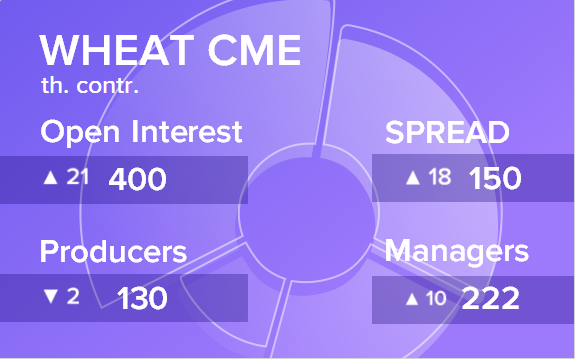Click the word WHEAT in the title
coord(117,50)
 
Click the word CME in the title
coord(255,50)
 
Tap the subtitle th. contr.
coord(90,85)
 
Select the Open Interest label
coord(141,132)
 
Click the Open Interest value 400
coord(137,179)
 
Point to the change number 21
coord(78,177)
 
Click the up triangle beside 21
coord(51,177)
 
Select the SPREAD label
coord(447,132)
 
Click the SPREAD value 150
coord(495,179)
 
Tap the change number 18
coord(440,177)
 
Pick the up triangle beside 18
coord(413,178)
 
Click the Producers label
coord(113,251)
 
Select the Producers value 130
coord(142,298)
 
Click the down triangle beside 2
coord(51,296)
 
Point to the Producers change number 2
coord(73,296)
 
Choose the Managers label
coord(457,253)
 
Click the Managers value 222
coord(490,298)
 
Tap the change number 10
coord(436,298)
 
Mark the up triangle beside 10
coord(412,299)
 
